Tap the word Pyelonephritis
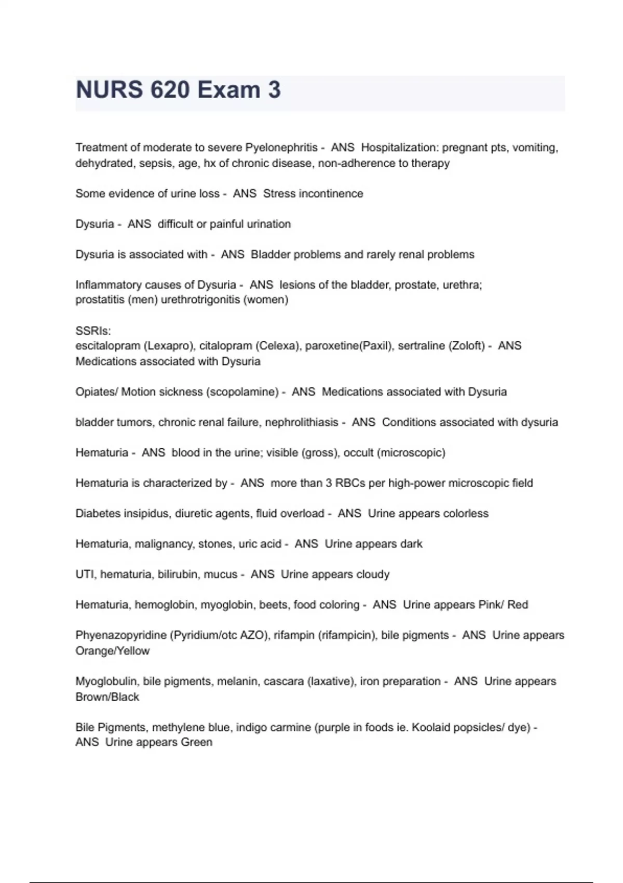[x=281, y=148]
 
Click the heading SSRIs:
[x=93, y=331]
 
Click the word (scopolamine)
[x=243, y=392]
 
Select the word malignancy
[x=164, y=544]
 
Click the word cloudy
[x=373, y=574]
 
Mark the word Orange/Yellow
[x=112, y=651]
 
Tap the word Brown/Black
[x=107, y=697]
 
